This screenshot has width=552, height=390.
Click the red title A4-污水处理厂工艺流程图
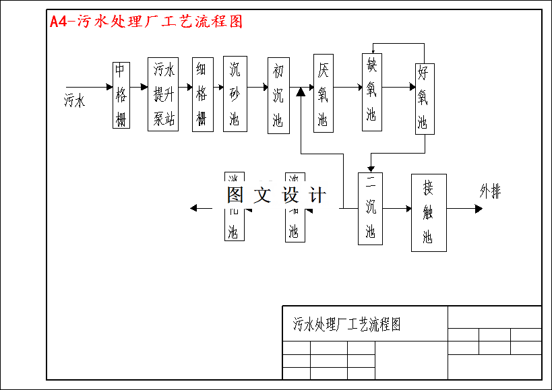coord(146,22)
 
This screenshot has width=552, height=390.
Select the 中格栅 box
coord(121,95)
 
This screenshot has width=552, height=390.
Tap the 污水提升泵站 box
coord(163,94)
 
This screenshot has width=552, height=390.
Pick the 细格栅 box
coord(202,94)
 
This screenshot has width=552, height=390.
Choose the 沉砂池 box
coord(235,94)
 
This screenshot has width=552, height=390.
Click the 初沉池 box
coord(278,96)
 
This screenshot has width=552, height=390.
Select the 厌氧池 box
coord(324,93)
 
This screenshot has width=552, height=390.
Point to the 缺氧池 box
coord(371,92)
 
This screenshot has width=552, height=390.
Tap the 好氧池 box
coord(424,98)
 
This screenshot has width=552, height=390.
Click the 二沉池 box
coord(370,209)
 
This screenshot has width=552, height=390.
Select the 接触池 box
coord(429,212)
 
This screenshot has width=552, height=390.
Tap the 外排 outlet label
coord(490,191)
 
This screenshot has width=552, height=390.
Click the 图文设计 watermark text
coord(276,195)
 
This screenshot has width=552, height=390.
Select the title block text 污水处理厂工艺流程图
coord(347,325)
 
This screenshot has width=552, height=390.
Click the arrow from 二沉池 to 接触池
coord(397,209)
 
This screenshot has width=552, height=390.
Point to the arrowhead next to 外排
coord(479,209)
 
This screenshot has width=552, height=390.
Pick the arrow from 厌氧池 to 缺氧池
coord(348,87)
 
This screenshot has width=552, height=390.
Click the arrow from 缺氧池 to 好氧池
coord(398,87)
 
